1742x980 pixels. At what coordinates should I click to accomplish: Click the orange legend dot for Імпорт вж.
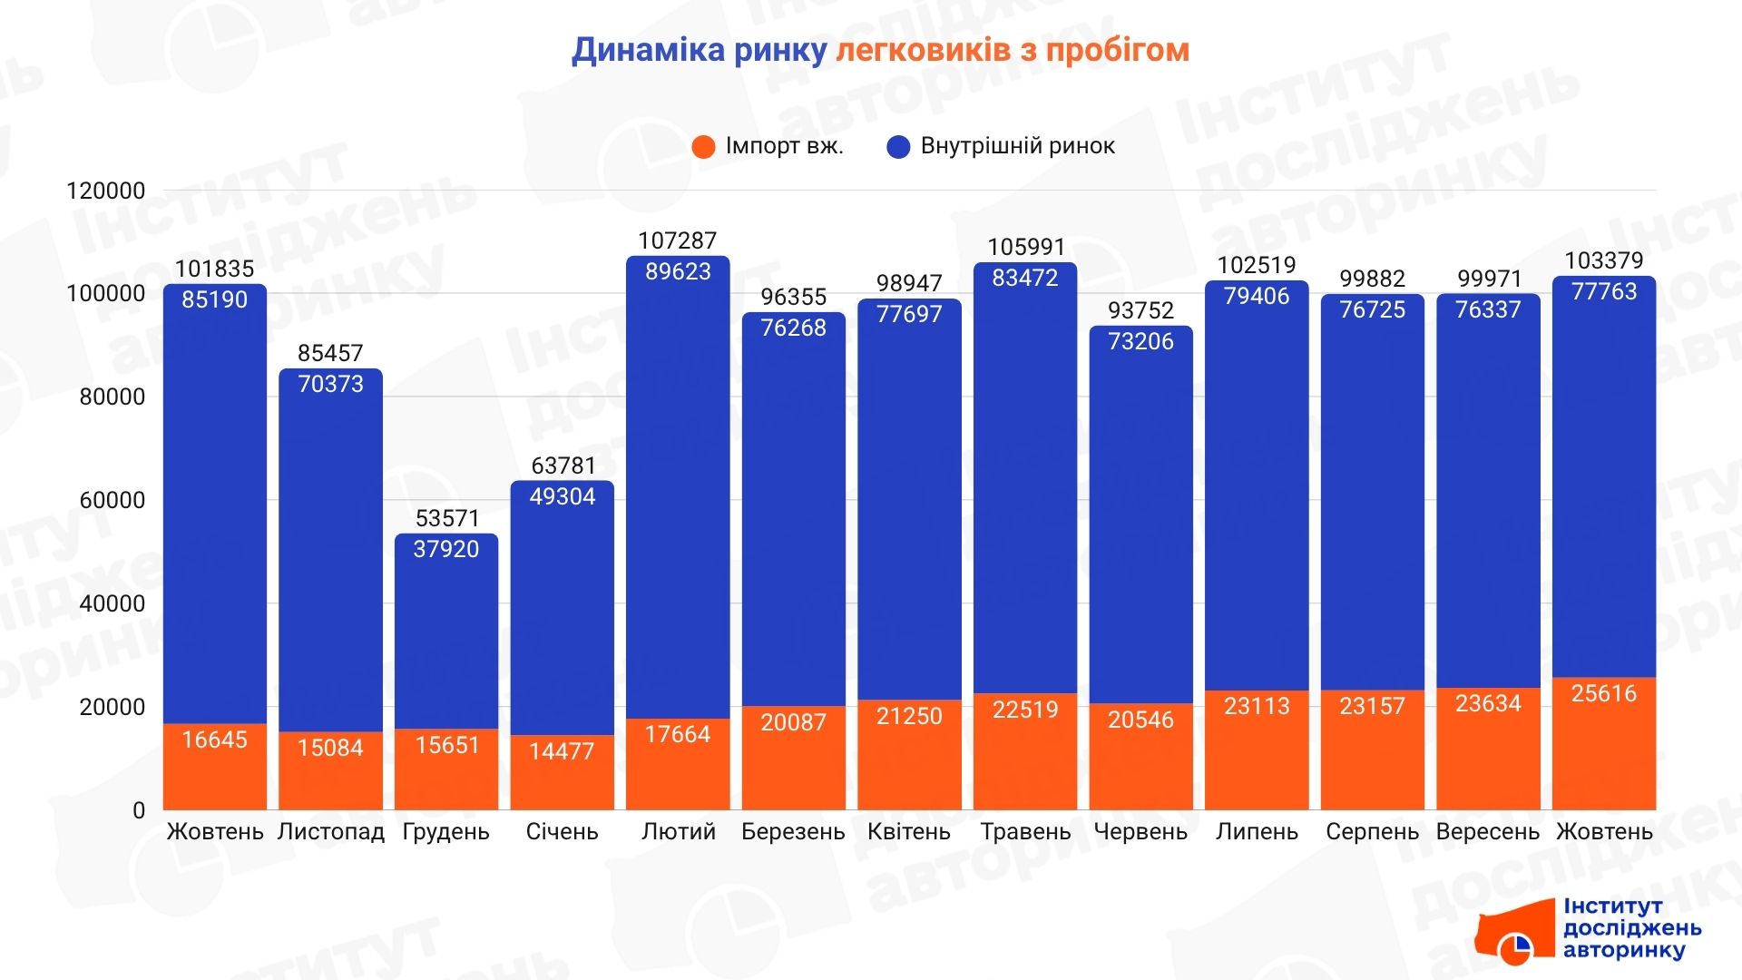pyautogui.click(x=703, y=147)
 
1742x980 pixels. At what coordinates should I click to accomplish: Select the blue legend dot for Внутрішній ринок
pyautogui.click(x=898, y=147)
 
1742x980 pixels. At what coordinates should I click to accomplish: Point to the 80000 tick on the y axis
pyautogui.click(x=113, y=397)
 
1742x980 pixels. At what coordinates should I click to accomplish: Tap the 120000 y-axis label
pyautogui.click(x=106, y=191)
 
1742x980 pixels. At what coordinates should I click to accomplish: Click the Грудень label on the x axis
pyautogui.click(x=445, y=832)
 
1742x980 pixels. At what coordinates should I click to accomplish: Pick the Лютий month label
pyautogui.click(x=678, y=832)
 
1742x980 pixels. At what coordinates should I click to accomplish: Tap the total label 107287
pyautogui.click(x=678, y=240)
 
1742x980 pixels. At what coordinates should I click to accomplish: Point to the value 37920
pyautogui.click(x=445, y=549)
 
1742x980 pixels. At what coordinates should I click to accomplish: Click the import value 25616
pyautogui.click(x=1604, y=693)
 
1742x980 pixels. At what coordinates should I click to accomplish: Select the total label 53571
pyautogui.click(x=445, y=518)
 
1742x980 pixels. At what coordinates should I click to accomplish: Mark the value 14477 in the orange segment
pyautogui.click(x=562, y=751)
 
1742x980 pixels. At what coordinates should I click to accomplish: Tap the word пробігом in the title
pyautogui.click(x=1117, y=51)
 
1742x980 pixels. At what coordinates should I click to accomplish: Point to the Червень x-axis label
pyautogui.click(x=1140, y=832)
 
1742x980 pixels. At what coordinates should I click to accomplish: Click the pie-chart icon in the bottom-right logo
pyautogui.click(x=1514, y=948)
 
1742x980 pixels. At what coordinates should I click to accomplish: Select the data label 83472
pyautogui.click(x=1025, y=278)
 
